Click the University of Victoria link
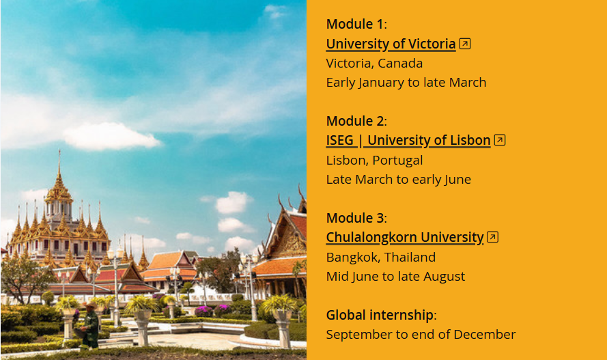coord(391,44)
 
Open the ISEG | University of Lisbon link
coord(408,141)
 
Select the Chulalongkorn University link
coord(405,237)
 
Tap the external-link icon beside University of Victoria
coord(465,44)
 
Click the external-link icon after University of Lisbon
coord(500,140)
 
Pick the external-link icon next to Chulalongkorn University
coord(492,236)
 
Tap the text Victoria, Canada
coord(374,64)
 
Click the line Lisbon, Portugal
coord(374,161)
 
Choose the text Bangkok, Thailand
coord(381,257)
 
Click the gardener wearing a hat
coord(89,325)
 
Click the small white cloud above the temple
coord(111,136)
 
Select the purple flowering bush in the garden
coord(203,311)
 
